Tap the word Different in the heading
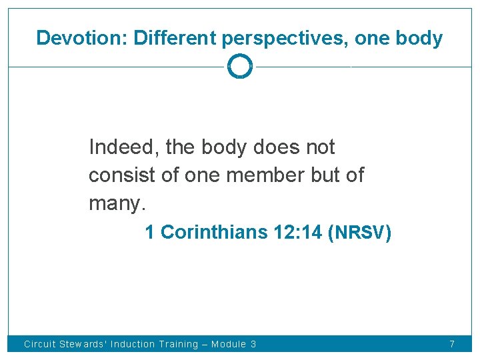click(x=175, y=38)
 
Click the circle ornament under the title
click(x=240, y=67)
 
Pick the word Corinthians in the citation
click(x=214, y=233)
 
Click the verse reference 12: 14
click(x=298, y=233)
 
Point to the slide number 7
click(x=452, y=345)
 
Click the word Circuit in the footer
click(x=40, y=345)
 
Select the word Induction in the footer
click(x=133, y=345)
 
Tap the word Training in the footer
click(x=179, y=345)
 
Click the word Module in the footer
click(x=229, y=345)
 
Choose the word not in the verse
click(x=319, y=147)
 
